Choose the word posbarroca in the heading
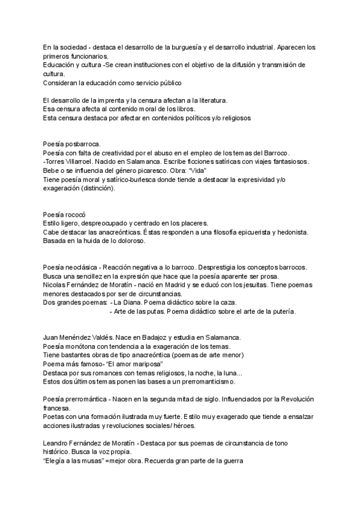[x=82, y=144]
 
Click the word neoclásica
[x=82, y=267]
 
